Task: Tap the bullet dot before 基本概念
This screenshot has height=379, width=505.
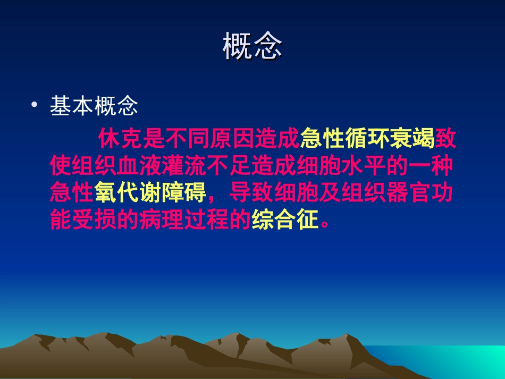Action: click(35, 106)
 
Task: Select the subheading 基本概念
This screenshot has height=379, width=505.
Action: click(94, 107)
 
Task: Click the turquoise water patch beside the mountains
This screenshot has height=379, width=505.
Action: click(468, 361)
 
